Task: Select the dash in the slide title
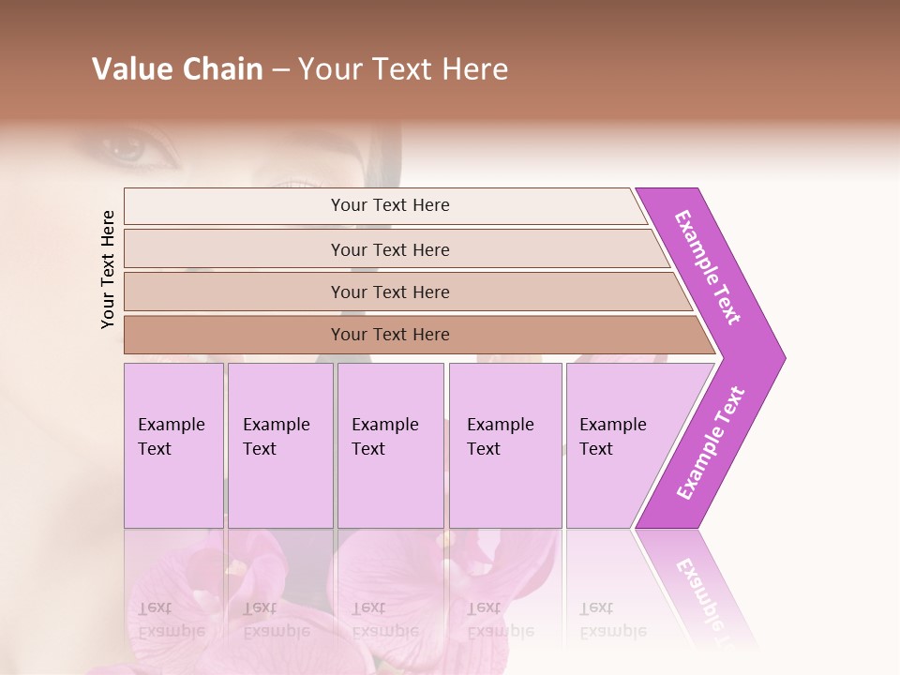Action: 280,70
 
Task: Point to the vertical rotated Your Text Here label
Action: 109,269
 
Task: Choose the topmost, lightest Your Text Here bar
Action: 389,205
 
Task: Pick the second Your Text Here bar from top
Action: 389,249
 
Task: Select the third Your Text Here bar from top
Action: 389,292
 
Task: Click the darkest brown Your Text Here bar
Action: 389,335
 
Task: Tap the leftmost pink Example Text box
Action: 173,445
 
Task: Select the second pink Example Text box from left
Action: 279,445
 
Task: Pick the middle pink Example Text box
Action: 390,445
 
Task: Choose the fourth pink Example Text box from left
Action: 505,445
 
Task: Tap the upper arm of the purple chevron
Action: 707,267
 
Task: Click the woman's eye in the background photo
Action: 127,149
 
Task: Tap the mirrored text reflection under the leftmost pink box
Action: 171,620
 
